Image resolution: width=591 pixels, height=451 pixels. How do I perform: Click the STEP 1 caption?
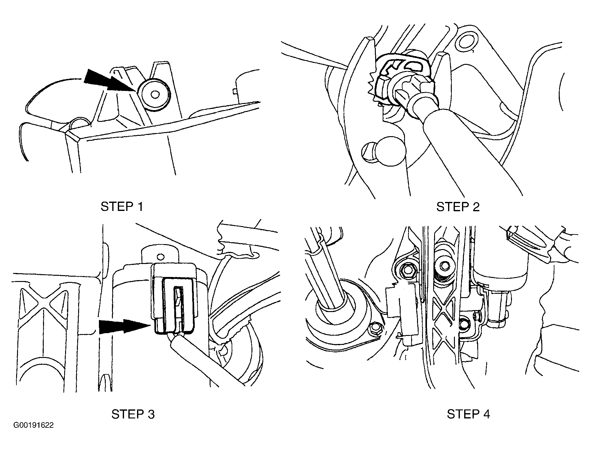(x=122, y=207)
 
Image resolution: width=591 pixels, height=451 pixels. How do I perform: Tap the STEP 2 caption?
(x=458, y=207)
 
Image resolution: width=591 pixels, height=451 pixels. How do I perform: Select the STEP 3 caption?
(x=133, y=414)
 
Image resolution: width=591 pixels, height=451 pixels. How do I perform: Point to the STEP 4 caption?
(x=469, y=414)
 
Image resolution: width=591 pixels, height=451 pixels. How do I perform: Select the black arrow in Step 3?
(x=124, y=327)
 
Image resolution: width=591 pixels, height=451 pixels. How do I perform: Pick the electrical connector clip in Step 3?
(x=174, y=300)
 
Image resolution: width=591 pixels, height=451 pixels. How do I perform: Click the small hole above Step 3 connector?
(x=160, y=257)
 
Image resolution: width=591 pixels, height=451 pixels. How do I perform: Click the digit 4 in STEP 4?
(x=486, y=414)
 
